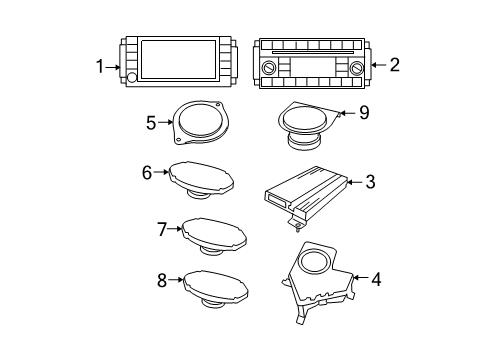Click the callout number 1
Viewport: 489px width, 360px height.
[x=100, y=66]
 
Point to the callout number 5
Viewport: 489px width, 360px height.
[x=151, y=124]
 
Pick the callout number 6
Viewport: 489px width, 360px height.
[x=146, y=172]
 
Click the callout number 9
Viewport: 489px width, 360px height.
[x=363, y=113]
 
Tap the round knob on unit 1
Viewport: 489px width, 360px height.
[x=132, y=78]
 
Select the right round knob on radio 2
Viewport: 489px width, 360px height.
[x=357, y=68]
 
